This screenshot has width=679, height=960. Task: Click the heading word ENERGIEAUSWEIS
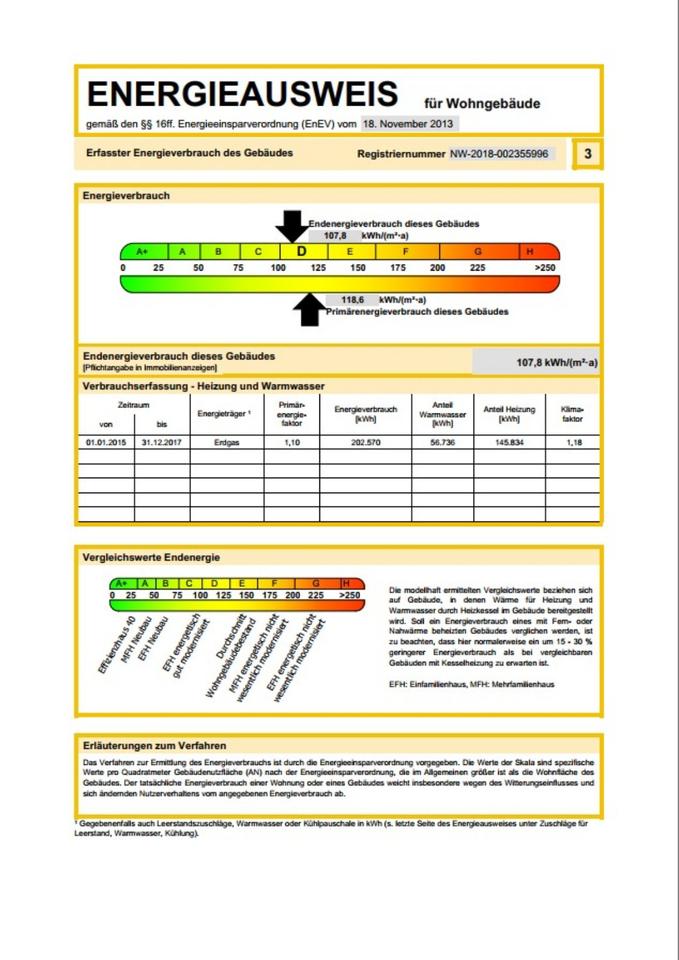pos(241,95)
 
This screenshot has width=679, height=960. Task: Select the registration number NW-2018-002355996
pos(498,154)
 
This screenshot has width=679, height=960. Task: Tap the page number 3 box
pos(587,154)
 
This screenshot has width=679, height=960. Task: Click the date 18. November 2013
pos(408,124)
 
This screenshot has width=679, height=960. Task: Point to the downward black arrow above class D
pos(292,225)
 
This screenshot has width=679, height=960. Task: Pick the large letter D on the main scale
pos(300,251)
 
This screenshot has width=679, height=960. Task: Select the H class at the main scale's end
pos(529,251)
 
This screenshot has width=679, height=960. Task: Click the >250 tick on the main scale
pos(545,268)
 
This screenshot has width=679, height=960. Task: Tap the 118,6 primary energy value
pos(350,299)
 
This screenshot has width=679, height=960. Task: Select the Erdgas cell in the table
pos(228,441)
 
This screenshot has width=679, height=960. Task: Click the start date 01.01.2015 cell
pos(106,441)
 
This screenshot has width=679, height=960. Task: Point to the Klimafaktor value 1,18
pos(572,441)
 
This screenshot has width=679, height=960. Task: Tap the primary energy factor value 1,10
pos(291,441)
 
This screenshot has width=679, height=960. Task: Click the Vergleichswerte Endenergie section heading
pos(151,557)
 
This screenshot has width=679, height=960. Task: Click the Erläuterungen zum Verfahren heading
pos(154,745)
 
